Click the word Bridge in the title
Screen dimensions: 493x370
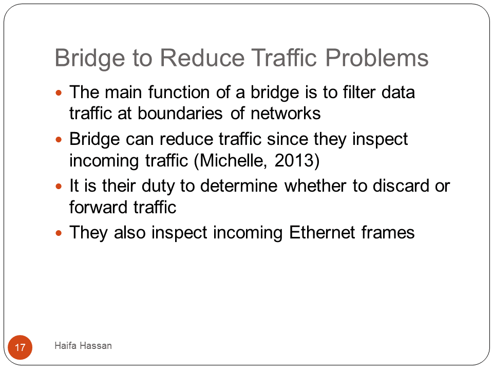89,59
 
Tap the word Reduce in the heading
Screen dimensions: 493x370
202,58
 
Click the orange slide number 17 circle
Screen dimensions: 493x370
20,347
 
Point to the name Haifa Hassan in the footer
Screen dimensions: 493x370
83,345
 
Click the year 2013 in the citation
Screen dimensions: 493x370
294,160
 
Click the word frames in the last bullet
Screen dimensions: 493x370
388,232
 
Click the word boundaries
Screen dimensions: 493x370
180,113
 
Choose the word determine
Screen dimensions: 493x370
239,186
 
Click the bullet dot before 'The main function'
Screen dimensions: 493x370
59,93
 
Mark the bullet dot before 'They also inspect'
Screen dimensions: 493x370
59,233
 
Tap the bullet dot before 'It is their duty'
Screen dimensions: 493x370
59,186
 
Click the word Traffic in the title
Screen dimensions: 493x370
284,58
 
